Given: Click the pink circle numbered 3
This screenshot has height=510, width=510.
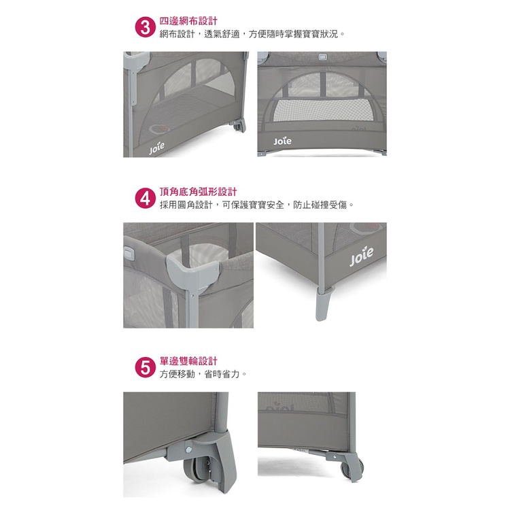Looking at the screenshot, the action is [145, 28].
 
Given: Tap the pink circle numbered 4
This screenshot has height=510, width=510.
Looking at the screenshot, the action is [145, 199].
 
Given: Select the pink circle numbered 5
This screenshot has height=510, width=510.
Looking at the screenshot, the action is [145, 368].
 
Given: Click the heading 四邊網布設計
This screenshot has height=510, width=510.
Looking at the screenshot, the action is [188, 21].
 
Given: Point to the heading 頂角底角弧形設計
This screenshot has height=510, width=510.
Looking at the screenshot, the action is [198, 192].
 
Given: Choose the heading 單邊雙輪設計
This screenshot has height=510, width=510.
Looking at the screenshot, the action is [188, 361].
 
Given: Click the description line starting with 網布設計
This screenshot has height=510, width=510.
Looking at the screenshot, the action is [252, 34].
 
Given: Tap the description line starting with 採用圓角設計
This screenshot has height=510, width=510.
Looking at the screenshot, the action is [256, 205].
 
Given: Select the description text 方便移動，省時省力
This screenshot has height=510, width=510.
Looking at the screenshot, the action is [203, 374].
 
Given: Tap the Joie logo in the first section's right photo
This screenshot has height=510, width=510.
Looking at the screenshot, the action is [282, 141].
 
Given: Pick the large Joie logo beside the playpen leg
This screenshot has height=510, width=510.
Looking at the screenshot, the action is [361, 256].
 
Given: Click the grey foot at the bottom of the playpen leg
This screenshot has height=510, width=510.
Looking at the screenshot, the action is [323, 304].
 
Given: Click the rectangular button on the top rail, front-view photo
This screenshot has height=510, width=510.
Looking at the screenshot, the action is [322, 57].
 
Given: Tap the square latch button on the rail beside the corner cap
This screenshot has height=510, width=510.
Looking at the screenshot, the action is [129, 253].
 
